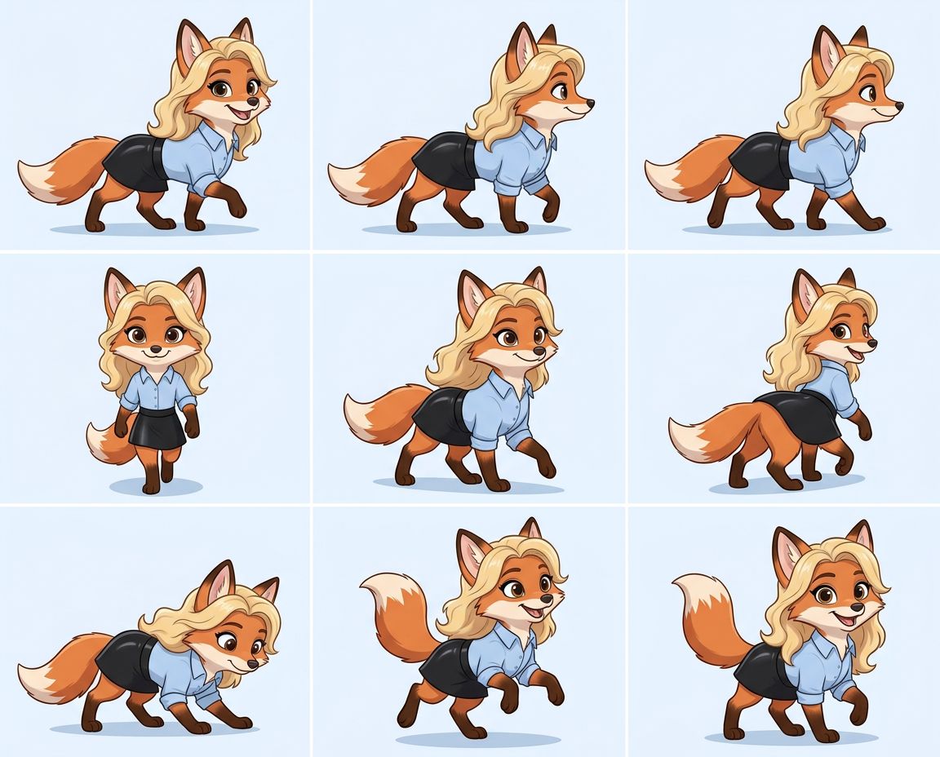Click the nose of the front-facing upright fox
[x=155, y=349]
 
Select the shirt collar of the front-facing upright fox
[x=155, y=376]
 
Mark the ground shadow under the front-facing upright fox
[x=155, y=488]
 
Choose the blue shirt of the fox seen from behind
[x=832, y=383]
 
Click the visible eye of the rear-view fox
[x=841, y=331]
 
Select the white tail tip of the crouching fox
[x=37, y=680]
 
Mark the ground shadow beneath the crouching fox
[x=155, y=728]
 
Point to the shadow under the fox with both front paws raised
[x=477, y=739]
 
